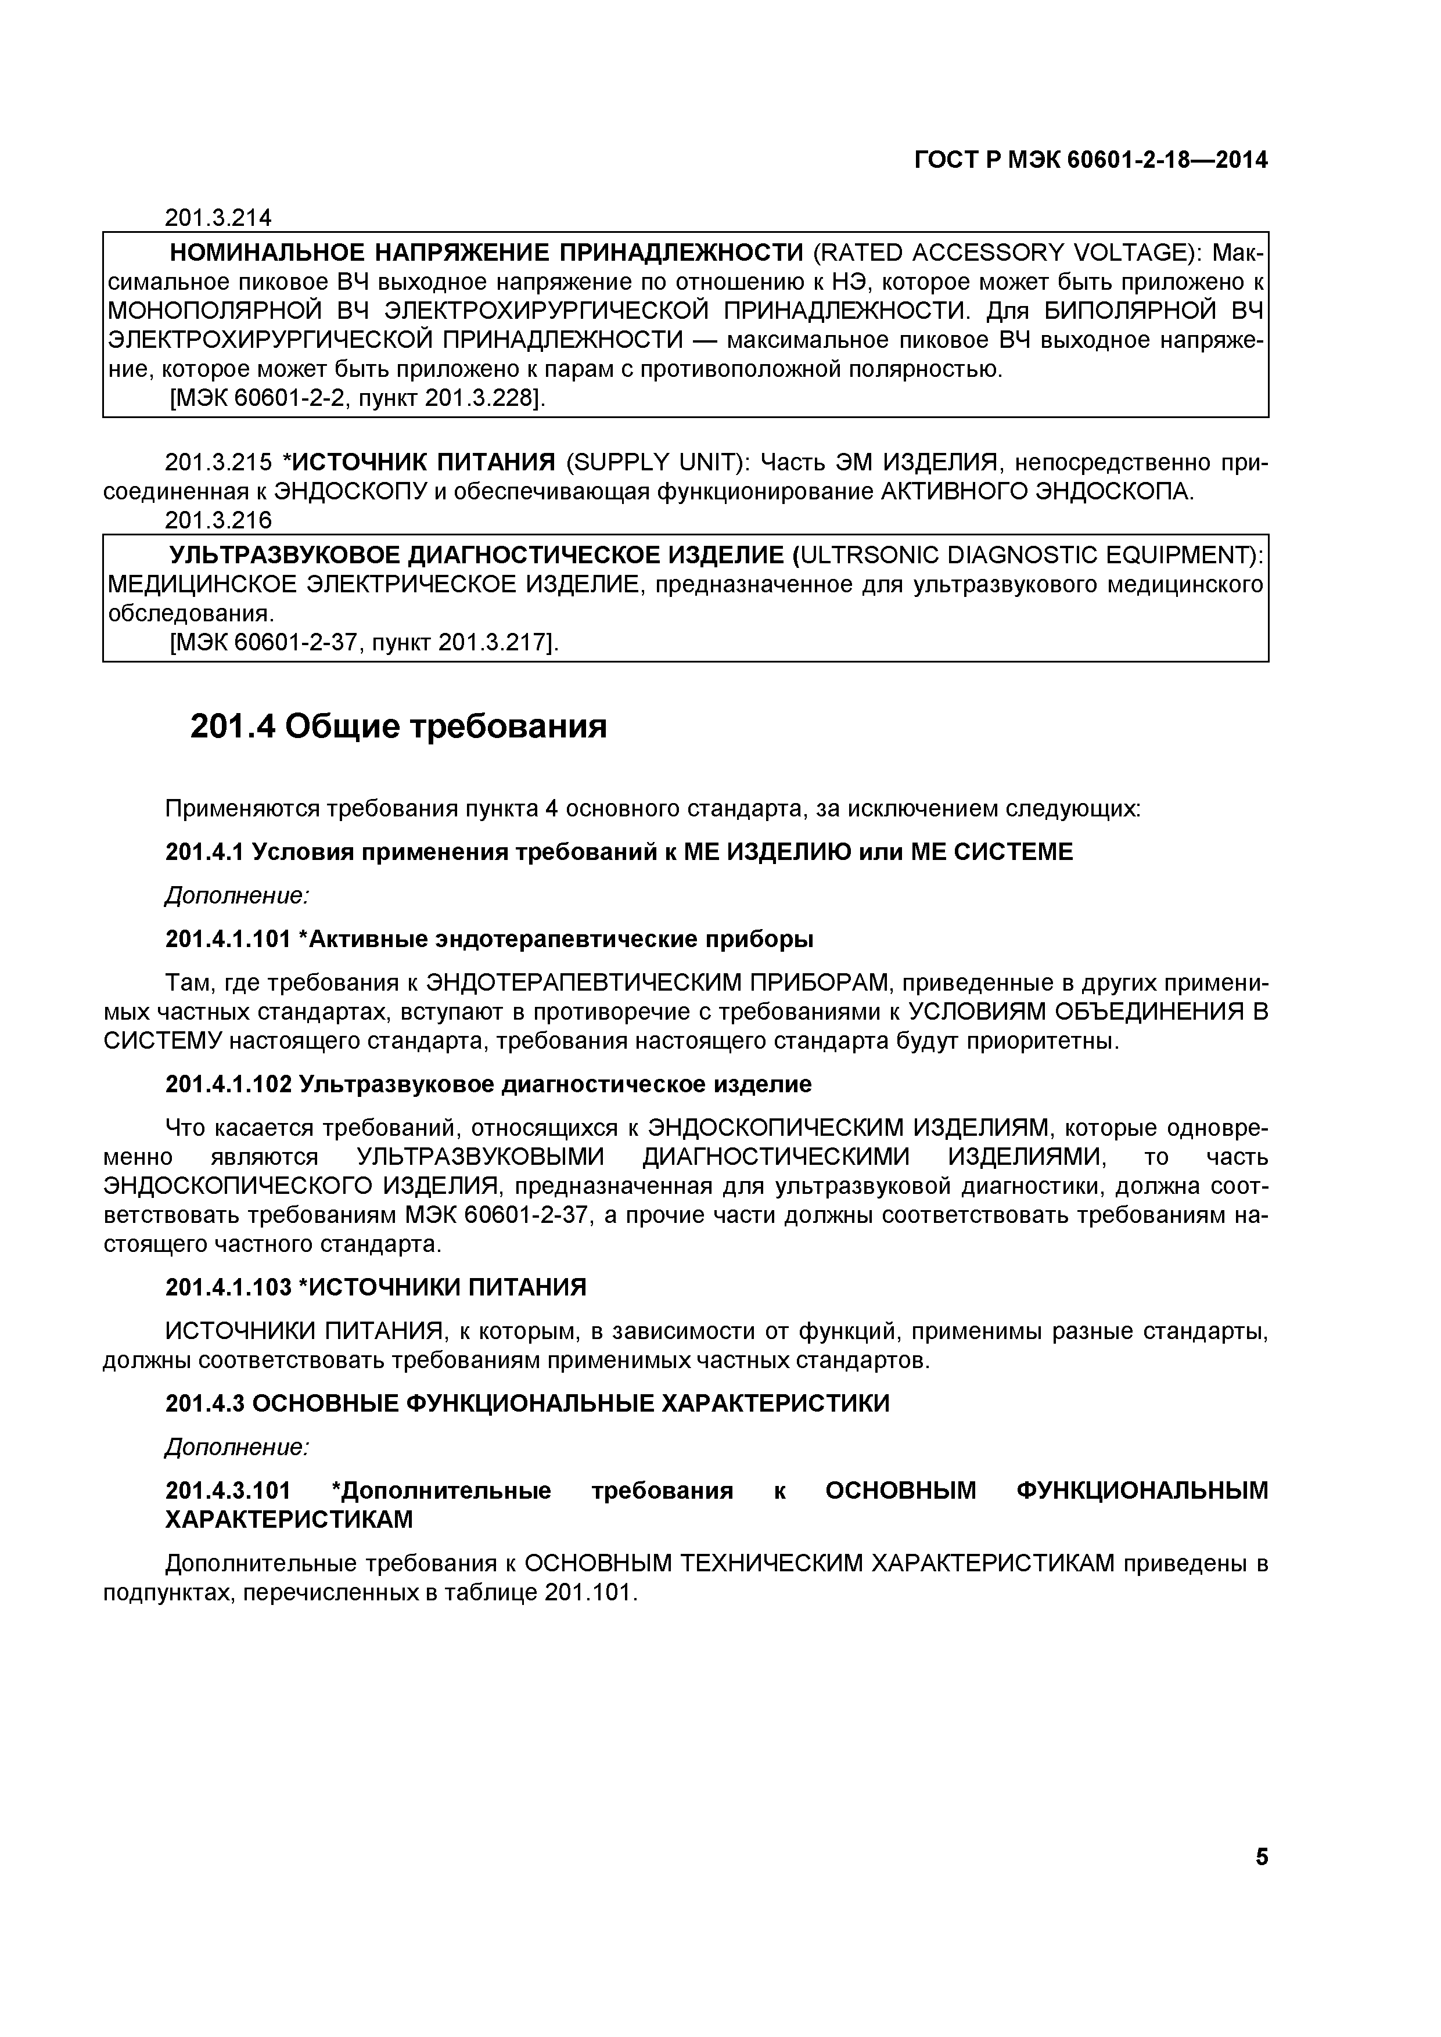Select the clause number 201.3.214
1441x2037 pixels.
[218, 217]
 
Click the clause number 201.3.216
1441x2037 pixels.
[218, 520]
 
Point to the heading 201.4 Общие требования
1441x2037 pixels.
[398, 726]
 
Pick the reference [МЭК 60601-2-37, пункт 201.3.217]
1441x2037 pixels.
[364, 642]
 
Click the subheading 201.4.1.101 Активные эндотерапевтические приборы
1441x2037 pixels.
[489, 938]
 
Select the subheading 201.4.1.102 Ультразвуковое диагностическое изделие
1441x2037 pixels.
[488, 1084]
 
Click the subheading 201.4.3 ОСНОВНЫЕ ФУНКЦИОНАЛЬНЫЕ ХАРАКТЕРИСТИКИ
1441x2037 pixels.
[527, 1403]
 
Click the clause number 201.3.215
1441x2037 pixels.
[218, 462]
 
